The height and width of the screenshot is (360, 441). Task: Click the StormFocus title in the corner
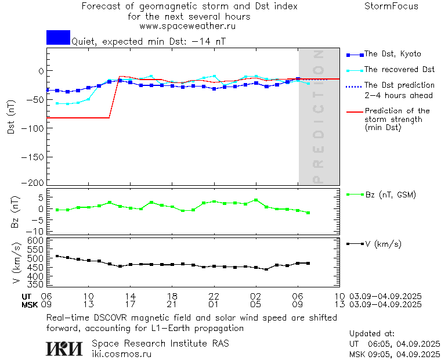point(391,6)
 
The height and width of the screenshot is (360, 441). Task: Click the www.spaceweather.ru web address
point(187,26)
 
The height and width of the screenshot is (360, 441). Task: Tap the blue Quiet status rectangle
point(58,37)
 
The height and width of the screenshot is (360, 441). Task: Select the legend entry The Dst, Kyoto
point(392,54)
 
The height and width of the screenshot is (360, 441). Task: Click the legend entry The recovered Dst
point(399,70)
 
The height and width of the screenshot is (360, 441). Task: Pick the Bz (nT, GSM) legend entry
point(391,195)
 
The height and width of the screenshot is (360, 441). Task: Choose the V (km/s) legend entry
point(384,244)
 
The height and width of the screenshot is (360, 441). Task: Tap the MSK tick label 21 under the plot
point(172,304)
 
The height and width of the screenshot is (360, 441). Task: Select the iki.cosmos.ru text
point(122,354)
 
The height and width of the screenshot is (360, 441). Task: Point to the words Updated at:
point(371,334)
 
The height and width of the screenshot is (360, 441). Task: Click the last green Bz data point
point(308,213)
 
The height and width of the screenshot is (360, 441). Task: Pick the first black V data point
point(57,256)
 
